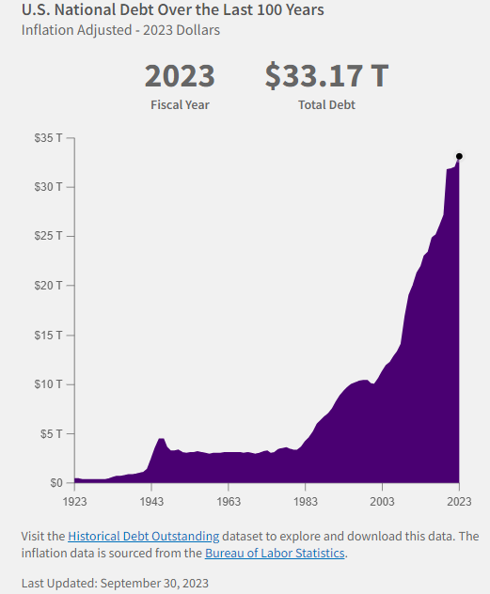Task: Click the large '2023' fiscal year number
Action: [x=179, y=76]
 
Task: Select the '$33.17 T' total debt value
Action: [x=326, y=76]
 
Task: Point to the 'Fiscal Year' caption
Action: [x=179, y=104]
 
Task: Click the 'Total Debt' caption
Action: [x=326, y=104]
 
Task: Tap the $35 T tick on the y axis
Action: [x=47, y=137]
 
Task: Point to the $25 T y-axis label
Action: [x=47, y=236]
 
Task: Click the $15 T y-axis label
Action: [x=47, y=335]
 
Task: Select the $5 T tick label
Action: [x=50, y=433]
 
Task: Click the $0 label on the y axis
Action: [x=55, y=483]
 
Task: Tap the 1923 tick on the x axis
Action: [x=75, y=503]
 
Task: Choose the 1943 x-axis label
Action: [x=151, y=503]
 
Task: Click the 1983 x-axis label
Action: [x=306, y=503]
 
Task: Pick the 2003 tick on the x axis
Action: [x=382, y=503]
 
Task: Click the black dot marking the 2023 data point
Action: [x=459, y=156]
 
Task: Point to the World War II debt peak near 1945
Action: [x=161, y=439]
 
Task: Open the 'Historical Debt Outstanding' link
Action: [x=143, y=536]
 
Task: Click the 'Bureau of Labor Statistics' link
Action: [x=275, y=553]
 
